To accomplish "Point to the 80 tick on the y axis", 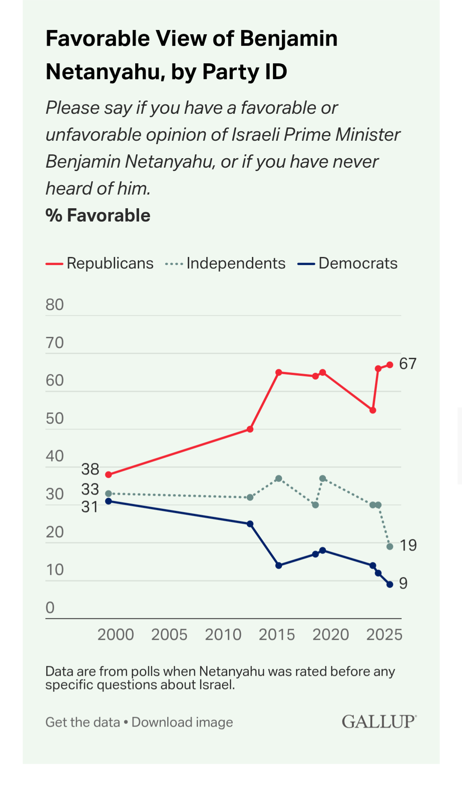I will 55,305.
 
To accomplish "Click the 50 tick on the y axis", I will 55,418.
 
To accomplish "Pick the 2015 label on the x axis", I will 277,635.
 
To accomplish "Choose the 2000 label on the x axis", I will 115,635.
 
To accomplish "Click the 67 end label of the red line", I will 407,363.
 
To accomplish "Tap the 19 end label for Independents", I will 408,545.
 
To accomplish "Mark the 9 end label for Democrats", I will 403,583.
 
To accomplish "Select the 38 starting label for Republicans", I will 90,470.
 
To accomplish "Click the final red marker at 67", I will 390,365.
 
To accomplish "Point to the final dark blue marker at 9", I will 390,585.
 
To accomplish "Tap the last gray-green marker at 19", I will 390,547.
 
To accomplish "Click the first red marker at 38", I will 109,475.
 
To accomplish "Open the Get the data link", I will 83,722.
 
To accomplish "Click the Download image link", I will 182,722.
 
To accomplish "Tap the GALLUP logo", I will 379,721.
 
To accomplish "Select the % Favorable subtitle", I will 98,216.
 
